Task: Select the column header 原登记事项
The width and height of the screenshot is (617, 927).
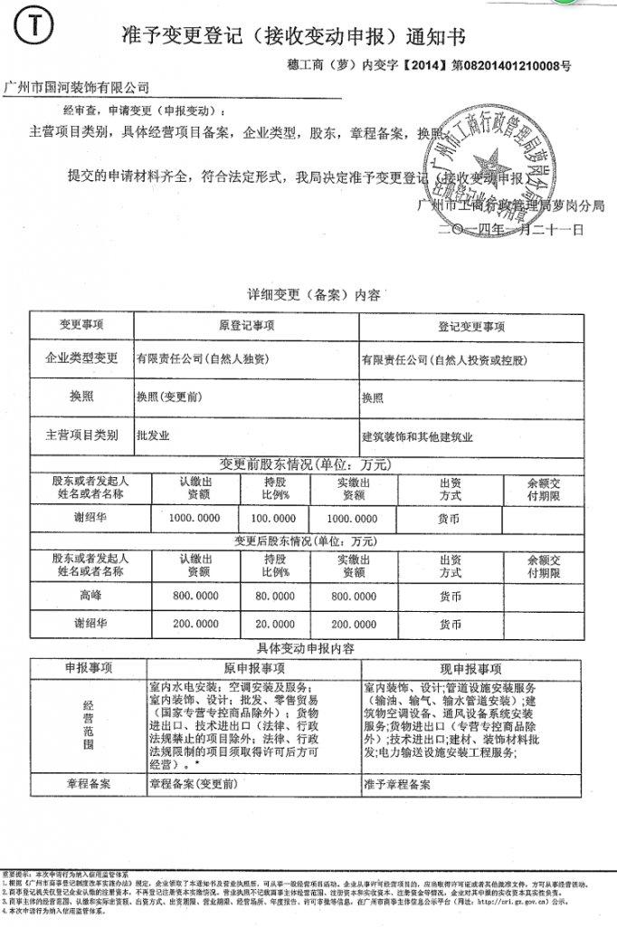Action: click(246, 326)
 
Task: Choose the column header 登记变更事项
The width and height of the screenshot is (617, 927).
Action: click(471, 326)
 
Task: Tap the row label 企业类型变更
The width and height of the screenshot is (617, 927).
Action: click(82, 358)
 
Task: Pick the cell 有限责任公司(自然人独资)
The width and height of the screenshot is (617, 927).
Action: click(202, 358)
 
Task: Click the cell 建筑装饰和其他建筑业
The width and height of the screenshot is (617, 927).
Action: click(417, 435)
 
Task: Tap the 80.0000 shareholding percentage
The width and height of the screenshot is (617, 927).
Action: click(275, 597)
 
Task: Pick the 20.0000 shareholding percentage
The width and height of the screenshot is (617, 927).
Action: click(275, 624)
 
